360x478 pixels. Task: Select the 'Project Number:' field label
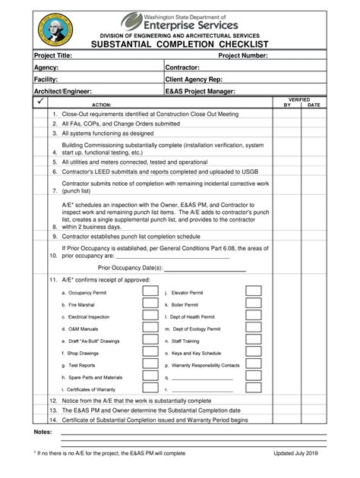pos(243,55)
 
